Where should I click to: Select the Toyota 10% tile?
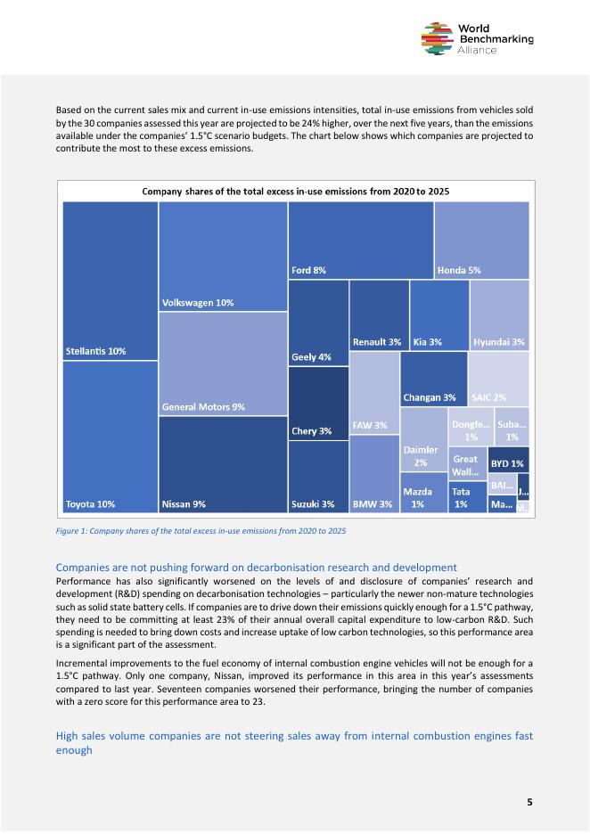(111, 437)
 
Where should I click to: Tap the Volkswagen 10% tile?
(223, 257)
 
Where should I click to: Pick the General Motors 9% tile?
(223, 364)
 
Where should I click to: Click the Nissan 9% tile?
(223, 464)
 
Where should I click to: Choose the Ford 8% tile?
(360, 240)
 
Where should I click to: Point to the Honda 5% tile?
(481, 240)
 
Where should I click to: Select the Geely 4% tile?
(317, 323)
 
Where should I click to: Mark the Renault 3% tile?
(379, 315)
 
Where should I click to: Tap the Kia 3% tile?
(439, 315)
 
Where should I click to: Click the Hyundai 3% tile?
(499, 315)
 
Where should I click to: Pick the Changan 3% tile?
(434, 379)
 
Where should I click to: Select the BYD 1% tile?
(508, 460)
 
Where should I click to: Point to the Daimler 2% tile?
(423, 439)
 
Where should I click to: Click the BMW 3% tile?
(373, 474)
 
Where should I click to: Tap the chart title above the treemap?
(295, 191)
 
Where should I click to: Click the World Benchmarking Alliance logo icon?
(436, 39)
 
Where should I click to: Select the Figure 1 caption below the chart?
(201, 531)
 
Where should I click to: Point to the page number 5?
(529, 802)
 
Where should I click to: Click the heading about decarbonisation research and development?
(257, 568)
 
